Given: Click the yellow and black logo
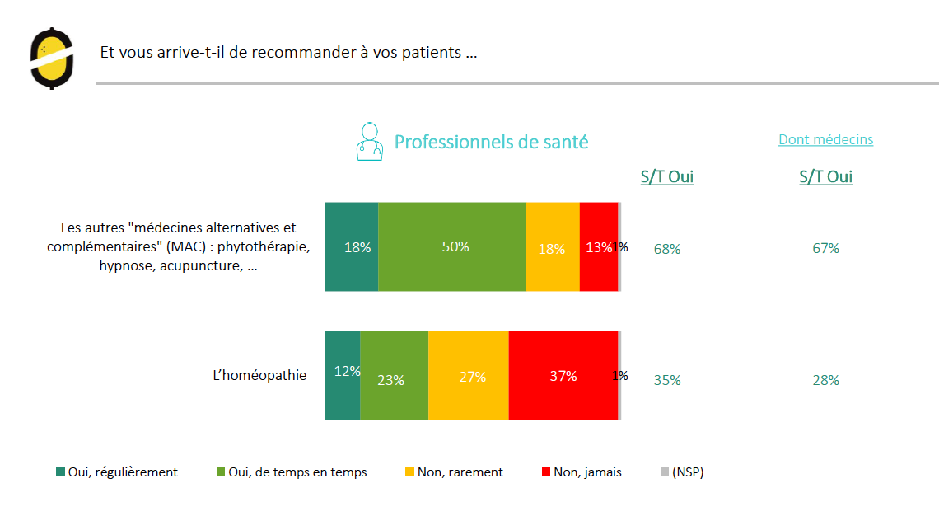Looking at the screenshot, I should [x=51, y=58].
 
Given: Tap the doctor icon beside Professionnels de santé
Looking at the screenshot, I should [x=370, y=142].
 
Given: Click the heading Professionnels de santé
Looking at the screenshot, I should [x=491, y=142].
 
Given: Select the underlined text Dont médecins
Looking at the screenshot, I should [x=825, y=139].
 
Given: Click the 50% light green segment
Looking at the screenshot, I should [x=452, y=246].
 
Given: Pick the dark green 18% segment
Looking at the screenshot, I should [x=352, y=246].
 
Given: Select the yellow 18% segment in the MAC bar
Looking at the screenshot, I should [x=553, y=246].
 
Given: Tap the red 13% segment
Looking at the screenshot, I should [x=598, y=246].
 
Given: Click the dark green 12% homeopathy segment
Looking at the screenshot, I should [x=343, y=375].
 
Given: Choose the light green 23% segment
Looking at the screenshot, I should [x=394, y=375].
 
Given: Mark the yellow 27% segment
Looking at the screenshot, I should [x=468, y=375].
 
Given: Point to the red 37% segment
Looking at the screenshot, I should [x=563, y=375].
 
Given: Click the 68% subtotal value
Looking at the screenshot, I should [x=667, y=248].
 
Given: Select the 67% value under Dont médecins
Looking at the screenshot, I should [x=825, y=248].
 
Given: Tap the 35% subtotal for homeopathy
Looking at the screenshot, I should [x=667, y=380].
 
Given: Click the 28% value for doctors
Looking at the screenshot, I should [x=825, y=380].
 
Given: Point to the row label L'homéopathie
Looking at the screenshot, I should [x=259, y=375].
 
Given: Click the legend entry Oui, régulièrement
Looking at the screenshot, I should [x=116, y=472].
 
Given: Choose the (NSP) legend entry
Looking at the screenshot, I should [x=682, y=472].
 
